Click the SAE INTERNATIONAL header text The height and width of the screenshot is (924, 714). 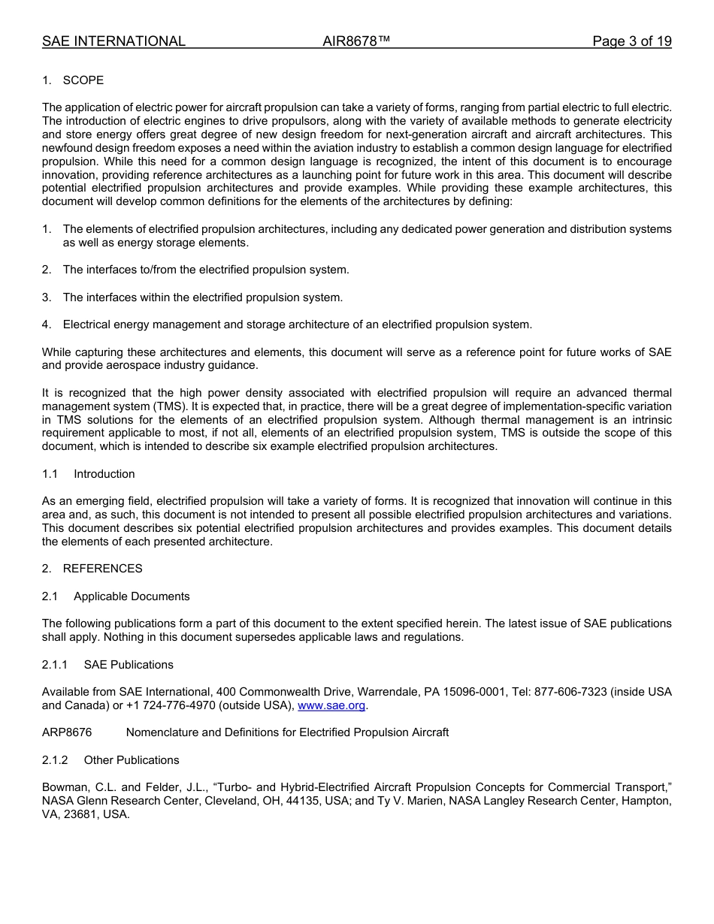(x=113, y=41)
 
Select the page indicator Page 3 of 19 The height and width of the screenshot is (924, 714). (x=631, y=41)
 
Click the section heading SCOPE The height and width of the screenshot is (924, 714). (x=83, y=80)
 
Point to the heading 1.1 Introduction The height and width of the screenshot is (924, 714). (x=104, y=474)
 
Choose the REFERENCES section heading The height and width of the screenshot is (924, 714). (x=102, y=569)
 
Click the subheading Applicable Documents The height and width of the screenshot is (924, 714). (x=132, y=596)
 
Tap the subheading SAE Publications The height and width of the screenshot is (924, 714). (x=129, y=665)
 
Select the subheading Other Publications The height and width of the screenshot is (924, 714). (x=132, y=760)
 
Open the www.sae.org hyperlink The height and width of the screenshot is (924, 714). (x=331, y=705)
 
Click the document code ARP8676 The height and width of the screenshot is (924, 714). (x=67, y=732)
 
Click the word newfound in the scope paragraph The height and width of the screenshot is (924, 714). (x=68, y=148)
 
